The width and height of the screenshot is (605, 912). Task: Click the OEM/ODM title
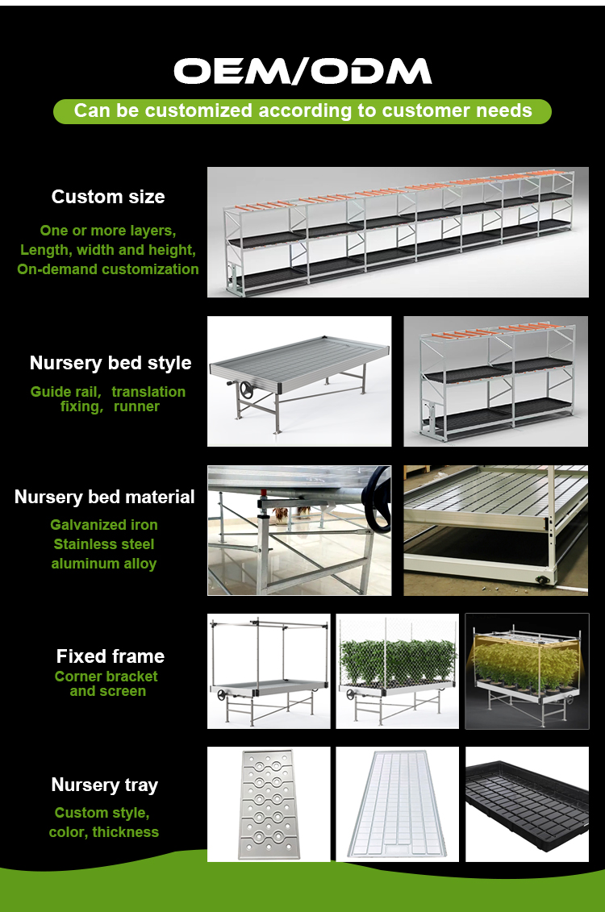(302, 71)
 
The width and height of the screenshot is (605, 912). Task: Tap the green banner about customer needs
(302, 111)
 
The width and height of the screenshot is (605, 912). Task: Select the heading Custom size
(108, 197)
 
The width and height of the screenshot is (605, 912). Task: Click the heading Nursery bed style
(111, 363)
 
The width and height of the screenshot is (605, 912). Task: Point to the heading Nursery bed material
(105, 497)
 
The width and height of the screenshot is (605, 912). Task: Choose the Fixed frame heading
(111, 656)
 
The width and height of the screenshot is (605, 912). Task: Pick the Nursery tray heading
(105, 785)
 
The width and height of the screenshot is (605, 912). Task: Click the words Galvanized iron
(104, 525)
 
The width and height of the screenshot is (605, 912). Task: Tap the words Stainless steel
(104, 544)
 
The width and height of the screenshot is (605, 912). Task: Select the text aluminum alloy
(104, 564)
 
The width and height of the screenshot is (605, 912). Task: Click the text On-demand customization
(108, 269)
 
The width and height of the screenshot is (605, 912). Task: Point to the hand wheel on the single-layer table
(247, 389)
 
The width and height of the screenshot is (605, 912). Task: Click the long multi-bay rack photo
(398, 232)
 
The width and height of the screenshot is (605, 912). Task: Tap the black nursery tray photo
(527, 804)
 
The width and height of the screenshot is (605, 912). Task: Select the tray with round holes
(269, 804)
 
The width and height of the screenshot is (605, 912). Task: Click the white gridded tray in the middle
(398, 804)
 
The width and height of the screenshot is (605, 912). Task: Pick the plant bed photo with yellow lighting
(527, 671)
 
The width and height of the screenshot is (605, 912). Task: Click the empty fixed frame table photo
(269, 671)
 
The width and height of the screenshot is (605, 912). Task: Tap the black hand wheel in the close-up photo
(378, 499)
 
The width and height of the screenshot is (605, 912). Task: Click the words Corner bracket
(106, 677)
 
